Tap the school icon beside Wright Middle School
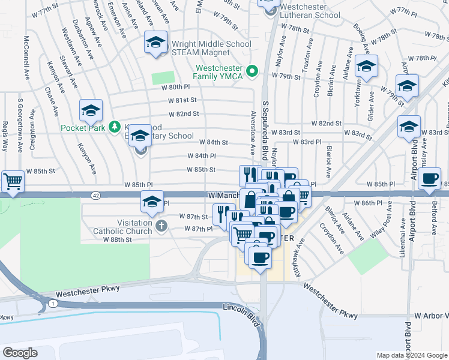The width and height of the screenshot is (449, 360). (155, 43)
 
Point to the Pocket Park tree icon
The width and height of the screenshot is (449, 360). (113, 127)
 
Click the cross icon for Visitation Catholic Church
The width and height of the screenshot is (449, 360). (160, 226)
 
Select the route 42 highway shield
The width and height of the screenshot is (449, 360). (96, 195)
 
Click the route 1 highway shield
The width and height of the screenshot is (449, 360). (53, 304)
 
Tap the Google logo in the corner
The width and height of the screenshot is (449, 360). (20, 353)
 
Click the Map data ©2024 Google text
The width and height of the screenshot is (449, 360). (412, 355)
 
